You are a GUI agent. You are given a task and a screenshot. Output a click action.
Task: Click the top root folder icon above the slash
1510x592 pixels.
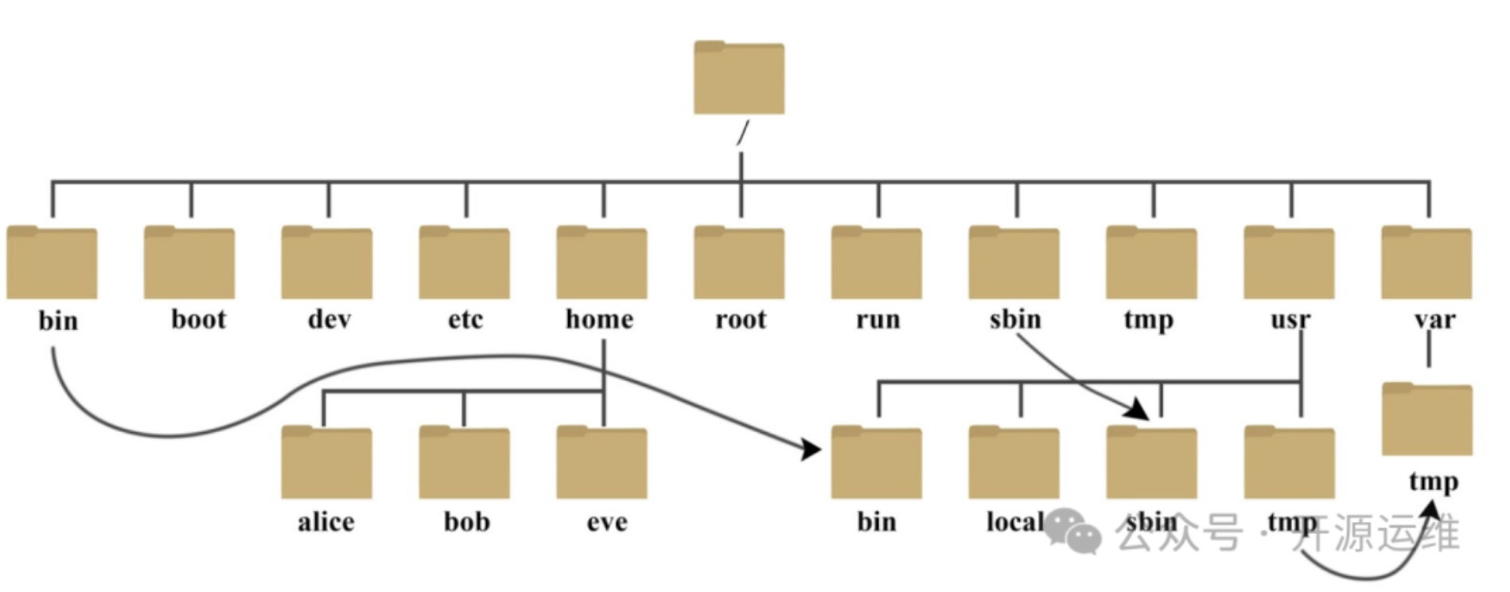[x=739, y=78]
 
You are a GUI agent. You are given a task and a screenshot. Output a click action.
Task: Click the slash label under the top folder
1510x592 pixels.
[x=742, y=133]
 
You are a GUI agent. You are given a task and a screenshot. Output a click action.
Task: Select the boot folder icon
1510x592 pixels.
[x=189, y=263]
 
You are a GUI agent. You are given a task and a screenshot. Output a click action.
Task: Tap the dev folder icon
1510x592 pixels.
[x=327, y=263]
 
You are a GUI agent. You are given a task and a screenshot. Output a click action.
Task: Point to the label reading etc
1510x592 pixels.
[x=465, y=320]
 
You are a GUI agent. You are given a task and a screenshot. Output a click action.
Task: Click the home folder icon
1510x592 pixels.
[x=602, y=263]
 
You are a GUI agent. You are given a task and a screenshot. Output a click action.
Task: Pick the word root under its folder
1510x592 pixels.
[x=741, y=320]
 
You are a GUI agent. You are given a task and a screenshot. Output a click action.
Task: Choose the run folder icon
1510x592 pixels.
[x=877, y=263]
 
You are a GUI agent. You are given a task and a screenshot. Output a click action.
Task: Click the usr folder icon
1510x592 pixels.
[x=1289, y=263]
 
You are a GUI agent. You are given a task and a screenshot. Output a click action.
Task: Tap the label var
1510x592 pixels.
[x=1434, y=320]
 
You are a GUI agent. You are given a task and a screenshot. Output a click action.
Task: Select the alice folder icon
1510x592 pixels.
[x=327, y=463]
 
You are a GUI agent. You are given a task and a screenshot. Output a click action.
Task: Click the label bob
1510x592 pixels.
[x=467, y=522]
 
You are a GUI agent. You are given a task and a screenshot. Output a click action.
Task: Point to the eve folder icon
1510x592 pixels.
[x=602, y=463]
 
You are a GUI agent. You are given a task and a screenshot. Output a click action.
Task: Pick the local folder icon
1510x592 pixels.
[x=1014, y=463]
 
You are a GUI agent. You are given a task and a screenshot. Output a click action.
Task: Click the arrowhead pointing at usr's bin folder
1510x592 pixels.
[x=812, y=450]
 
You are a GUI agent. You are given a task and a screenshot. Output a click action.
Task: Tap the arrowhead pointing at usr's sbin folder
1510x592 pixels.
[x=1138, y=410]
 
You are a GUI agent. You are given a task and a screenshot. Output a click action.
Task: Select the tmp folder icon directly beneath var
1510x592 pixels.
[x=1427, y=419]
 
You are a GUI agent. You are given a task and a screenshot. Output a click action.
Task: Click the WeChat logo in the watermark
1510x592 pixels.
[x=1073, y=531]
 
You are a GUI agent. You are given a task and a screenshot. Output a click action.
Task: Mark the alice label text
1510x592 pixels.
[x=326, y=522]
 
